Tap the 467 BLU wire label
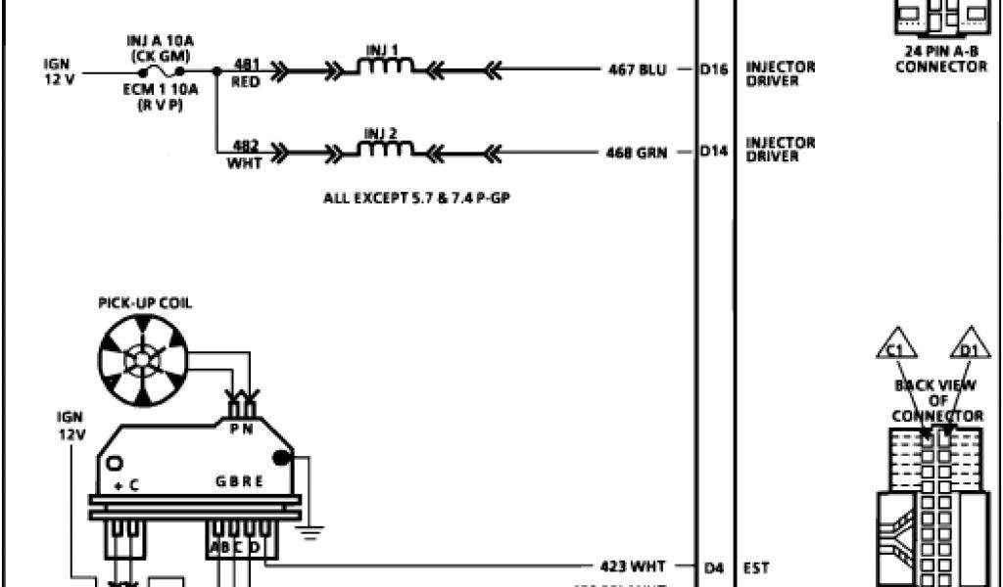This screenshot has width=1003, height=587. point(638,69)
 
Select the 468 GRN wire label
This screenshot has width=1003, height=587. point(638,153)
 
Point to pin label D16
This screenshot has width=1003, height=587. point(715,69)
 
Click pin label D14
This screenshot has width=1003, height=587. point(715,153)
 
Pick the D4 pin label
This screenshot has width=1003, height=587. point(715,565)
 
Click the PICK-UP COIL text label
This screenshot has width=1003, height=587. point(145,303)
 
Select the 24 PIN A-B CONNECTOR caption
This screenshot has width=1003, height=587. point(941,60)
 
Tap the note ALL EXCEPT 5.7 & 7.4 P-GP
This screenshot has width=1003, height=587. point(420,198)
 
